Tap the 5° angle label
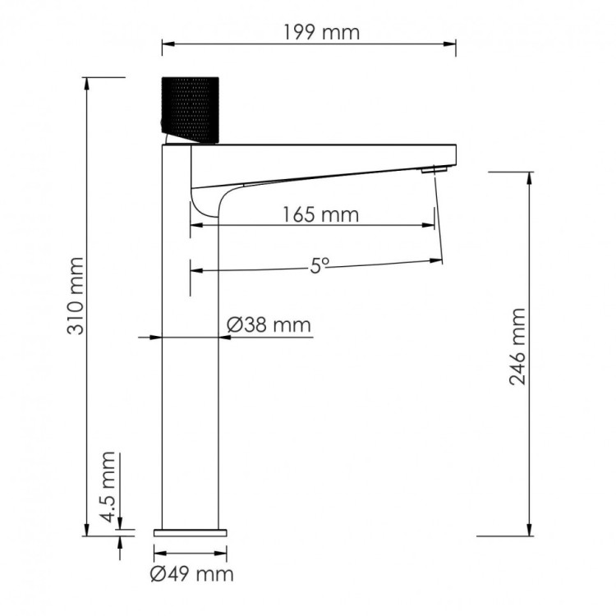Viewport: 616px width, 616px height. [x=319, y=265]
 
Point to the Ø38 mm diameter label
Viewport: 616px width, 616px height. [x=269, y=325]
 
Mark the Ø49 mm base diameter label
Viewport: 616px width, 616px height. [x=193, y=573]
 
